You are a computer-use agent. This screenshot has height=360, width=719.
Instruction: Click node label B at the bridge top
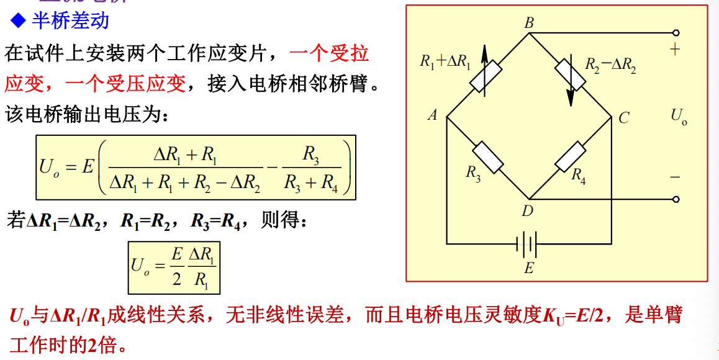pyautogui.click(x=529, y=24)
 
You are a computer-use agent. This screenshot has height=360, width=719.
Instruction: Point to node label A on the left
pyautogui.click(x=433, y=115)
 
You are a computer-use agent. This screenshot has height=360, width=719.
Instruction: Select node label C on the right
pyautogui.click(x=624, y=117)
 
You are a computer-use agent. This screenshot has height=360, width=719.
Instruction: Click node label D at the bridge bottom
pyautogui.click(x=528, y=211)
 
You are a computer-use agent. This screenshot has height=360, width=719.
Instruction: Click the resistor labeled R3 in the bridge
pyautogui.click(x=488, y=158)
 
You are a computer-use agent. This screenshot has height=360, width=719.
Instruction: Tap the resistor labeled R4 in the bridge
pyautogui.click(x=570, y=156)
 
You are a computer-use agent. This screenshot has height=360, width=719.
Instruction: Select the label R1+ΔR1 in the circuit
pyautogui.click(x=445, y=61)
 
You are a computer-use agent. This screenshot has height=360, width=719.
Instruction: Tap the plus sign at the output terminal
pyautogui.click(x=675, y=50)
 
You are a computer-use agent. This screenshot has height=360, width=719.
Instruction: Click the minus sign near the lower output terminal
pyautogui.click(x=675, y=178)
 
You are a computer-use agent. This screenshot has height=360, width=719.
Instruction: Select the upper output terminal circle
pyautogui.click(x=676, y=33)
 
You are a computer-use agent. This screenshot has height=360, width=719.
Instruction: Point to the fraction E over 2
pyautogui.click(x=177, y=267)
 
